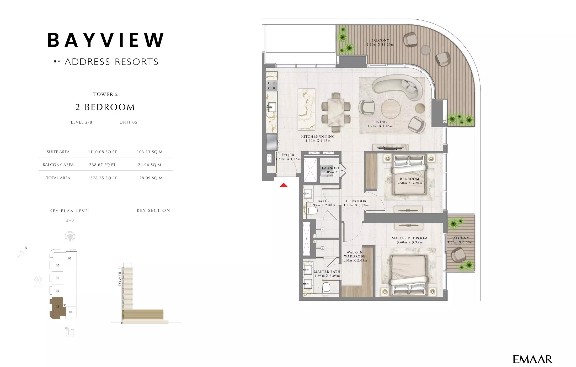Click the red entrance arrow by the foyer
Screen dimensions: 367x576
click(x=284, y=185)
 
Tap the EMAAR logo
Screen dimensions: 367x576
click(x=532, y=359)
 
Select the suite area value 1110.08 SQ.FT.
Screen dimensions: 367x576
click(x=103, y=152)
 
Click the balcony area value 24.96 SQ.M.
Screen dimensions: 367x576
click(x=150, y=165)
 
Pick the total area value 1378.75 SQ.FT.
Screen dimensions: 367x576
click(x=103, y=178)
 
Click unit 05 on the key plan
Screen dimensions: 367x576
click(x=57, y=306)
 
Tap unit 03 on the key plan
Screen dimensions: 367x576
click(x=70, y=258)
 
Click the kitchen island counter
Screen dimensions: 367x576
click(x=306, y=109)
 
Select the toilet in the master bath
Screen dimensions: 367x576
click(x=326, y=287)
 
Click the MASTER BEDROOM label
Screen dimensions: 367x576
click(x=409, y=238)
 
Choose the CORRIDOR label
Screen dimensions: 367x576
click(x=356, y=201)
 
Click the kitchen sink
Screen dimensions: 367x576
click(x=272, y=107)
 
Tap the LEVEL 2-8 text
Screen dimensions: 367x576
click(x=81, y=122)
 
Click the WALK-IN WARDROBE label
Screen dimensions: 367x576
click(x=354, y=254)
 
